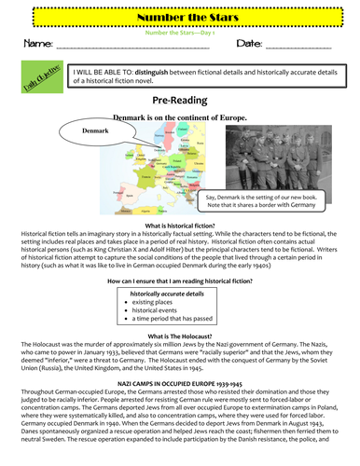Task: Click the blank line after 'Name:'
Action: (x=135, y=48)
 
